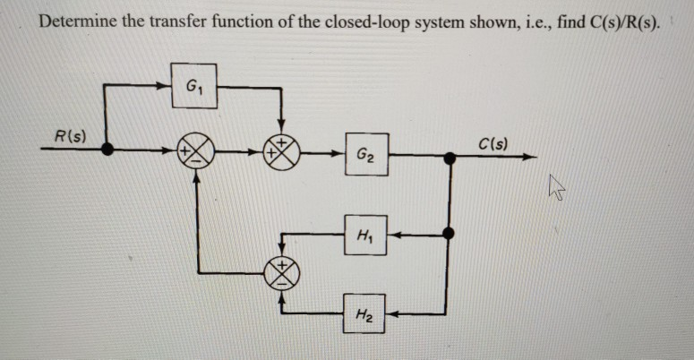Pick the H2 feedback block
tap(364, 314)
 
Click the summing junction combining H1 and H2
tap(283, 270)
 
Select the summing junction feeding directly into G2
tap(283, 153)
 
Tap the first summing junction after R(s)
tap(194, 153)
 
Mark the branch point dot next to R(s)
tap(107, 153)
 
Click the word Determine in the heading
tap(76, 21)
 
